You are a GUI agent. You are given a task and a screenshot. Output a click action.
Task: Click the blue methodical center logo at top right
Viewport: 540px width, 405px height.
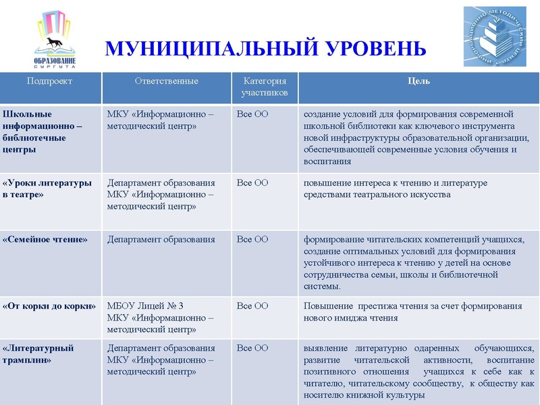pos(495,36)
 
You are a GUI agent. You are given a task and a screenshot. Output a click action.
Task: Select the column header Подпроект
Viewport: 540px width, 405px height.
pos(49,81)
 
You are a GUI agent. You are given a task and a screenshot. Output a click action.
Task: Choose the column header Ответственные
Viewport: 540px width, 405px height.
pos(166,81)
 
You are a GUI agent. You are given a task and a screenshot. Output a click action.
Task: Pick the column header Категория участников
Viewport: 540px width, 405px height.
pos(265,86)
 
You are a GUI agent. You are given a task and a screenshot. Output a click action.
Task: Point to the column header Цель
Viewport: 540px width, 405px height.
pos(418,81)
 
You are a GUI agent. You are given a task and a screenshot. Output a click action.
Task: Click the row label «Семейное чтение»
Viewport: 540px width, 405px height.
pos(45,239)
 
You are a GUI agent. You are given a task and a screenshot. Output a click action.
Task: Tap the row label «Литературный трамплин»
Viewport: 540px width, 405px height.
pos(38,354)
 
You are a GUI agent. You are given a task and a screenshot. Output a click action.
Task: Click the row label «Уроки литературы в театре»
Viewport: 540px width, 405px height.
pos(47,188)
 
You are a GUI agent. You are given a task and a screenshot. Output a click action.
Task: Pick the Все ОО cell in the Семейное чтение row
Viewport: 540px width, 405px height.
pos(252,239)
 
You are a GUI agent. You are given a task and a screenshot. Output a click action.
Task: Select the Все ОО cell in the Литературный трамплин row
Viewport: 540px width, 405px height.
pos(252,348)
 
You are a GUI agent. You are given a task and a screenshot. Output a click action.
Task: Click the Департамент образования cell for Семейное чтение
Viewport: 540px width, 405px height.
pos(161,239)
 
